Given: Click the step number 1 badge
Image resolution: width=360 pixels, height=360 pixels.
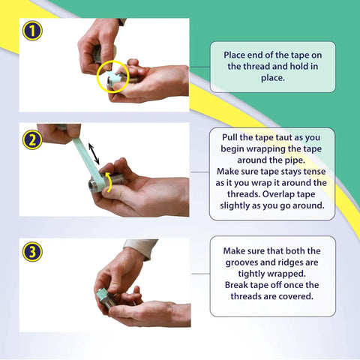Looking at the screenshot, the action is pyautogui.click(x=32, y=31).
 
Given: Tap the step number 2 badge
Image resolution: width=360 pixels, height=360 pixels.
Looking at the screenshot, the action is pyautogui.click(x=32, y=139).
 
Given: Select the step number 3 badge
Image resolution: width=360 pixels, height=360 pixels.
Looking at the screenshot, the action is pyautogui.click(x=32, y=252).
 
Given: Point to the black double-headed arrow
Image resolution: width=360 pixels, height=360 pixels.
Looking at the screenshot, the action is pyautogui.click(x=94, y=154).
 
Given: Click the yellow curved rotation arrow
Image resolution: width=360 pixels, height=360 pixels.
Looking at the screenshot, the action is pyautogui.click(x=109, y=181).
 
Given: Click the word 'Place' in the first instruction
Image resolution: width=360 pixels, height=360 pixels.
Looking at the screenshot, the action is pyautogui.click(x=235, y=55).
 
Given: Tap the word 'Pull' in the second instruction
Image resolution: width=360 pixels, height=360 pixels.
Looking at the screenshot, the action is pyautogui.click(x=229, y=137).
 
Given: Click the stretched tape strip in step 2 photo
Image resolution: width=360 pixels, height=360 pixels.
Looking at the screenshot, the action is pyautogui.click(x=86, y=159).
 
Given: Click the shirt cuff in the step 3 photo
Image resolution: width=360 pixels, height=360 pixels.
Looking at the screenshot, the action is pyautogui.click(x=140, y=248).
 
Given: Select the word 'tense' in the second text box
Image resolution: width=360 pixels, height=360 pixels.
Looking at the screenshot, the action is pyautogui.click(x=315, y=172).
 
